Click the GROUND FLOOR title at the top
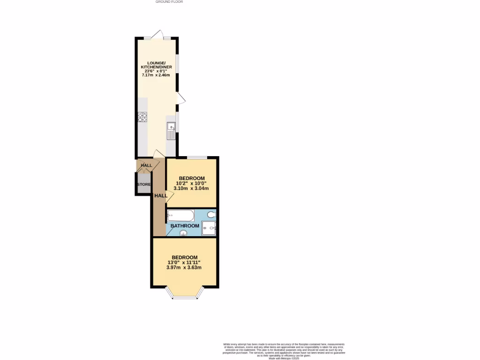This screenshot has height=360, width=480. tap(169, 2)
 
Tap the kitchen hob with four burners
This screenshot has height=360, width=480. tap(142, 117)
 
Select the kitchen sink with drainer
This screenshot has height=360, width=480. tap(171, 131)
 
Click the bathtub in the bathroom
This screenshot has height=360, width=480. tap(180, 216)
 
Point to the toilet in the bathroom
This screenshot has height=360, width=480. tap(211, 215)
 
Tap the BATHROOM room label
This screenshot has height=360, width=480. tap(185, 225)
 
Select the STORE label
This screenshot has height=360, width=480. tap(144, 184)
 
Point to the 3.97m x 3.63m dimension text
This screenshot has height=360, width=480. tap(184, 268)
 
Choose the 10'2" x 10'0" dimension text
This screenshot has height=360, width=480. tap(191, 183)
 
